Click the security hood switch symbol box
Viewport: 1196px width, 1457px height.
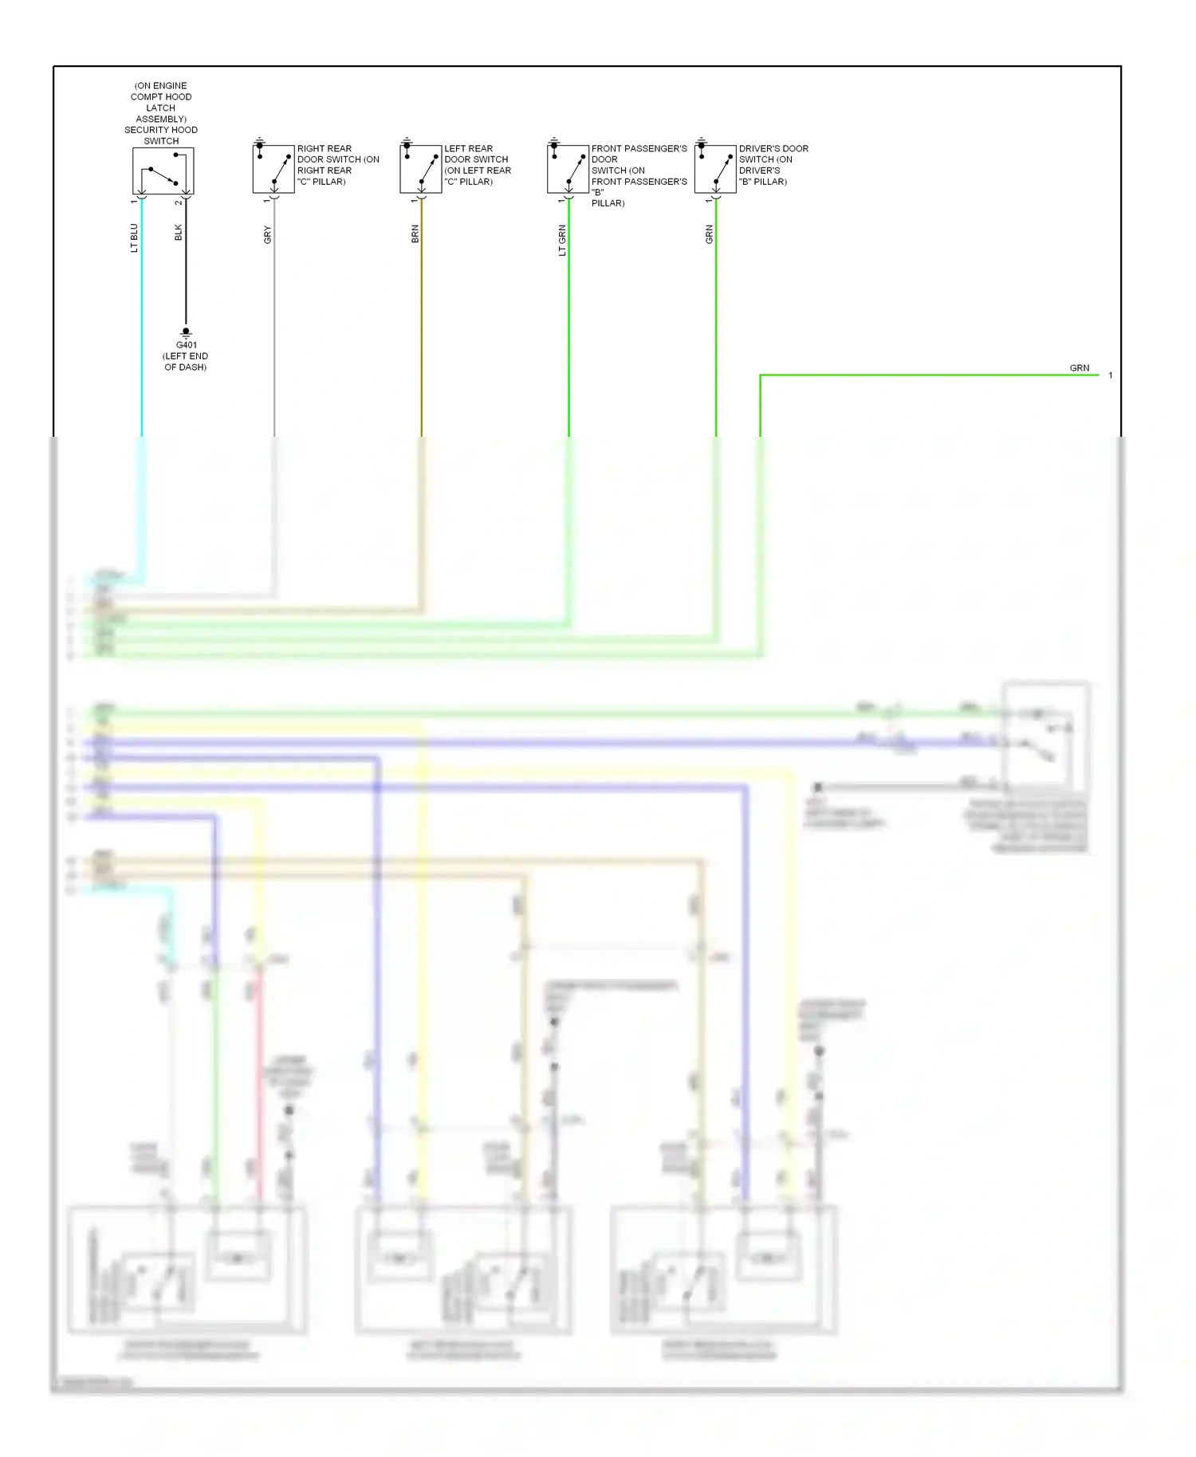click(x=163, y=171)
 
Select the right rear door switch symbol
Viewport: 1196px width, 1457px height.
click(x=273, y=169)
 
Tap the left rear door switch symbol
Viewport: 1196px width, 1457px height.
click(x=420, y=169)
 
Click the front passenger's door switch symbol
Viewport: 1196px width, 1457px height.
click(x=568, y=169)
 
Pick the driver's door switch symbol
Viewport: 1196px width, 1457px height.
click(x=715, y=169)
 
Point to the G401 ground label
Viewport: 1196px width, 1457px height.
click(x=187, y=345)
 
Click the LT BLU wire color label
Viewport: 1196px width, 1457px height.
click(x=134, y=238)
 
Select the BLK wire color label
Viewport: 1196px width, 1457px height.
click(x=179, y=232)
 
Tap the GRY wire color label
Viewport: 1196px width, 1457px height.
click(x=267, y=234)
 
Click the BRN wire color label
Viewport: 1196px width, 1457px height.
click(x=415, y=234)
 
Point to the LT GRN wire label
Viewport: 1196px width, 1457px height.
click(x=562, y=240)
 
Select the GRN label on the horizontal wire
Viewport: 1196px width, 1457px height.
click(x=1079, y=368)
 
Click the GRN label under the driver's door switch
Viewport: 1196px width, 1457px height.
click(x=709, y=234)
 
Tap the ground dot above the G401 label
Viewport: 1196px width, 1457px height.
click(x=186, y=331)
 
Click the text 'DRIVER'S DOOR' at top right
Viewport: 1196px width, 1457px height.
click(x=773, y=148)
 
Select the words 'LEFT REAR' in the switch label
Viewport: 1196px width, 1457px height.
click(x=468, y=148)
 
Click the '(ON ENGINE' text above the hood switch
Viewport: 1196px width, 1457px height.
click(x=161, y=85)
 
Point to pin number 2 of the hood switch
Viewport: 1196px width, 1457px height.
click(x=179, y=202)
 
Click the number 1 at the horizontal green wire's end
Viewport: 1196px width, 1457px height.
click(x=1110, y=375)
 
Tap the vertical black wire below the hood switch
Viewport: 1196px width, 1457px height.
click(x=186, y=263)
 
